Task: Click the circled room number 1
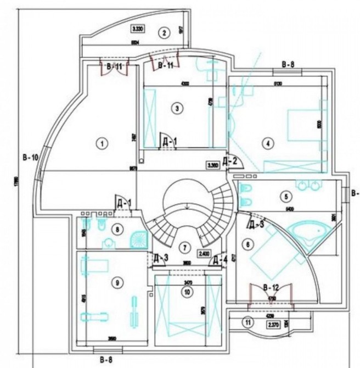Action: click(100, 143)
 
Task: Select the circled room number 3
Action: click(176, 108)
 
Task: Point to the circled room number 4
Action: click(267, 144)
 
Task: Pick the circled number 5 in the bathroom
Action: click(285, 195)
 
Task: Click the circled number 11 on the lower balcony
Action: click(248, 323)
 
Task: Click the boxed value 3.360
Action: click(213, 164)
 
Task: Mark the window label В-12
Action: click(271, 287)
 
